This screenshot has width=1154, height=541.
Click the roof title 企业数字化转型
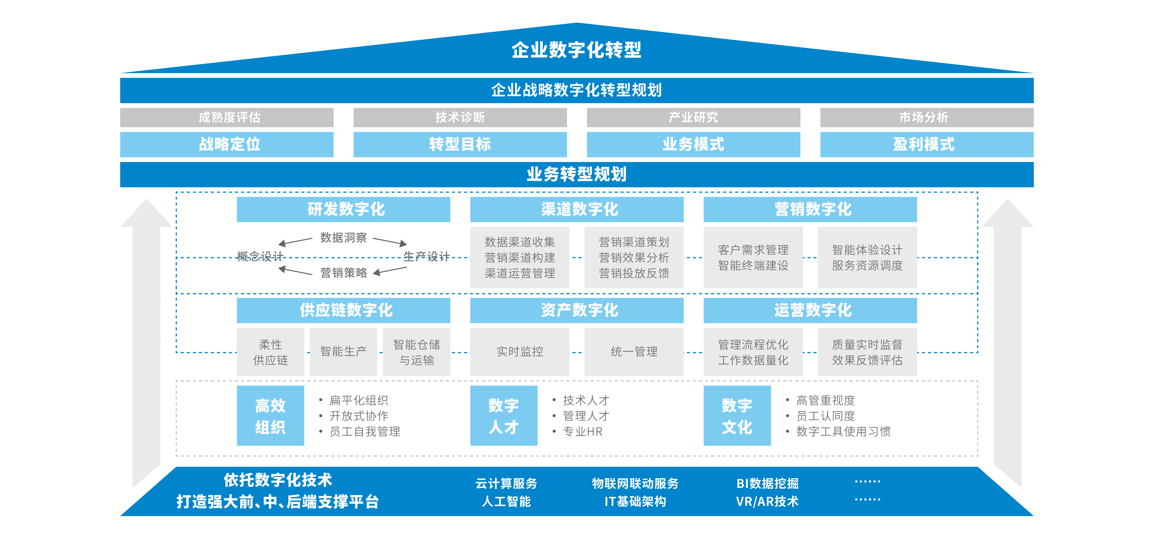(x=577, y=50)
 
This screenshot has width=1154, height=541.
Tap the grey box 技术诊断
(x=460, y=117)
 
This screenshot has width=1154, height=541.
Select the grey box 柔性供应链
(x=270, y=352)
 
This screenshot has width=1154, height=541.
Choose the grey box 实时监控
(x=520, y=352)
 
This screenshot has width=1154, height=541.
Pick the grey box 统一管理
(x=634, y=352)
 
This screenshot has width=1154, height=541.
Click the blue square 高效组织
(x=270, y=416)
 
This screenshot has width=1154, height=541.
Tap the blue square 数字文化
(x=737, y=416)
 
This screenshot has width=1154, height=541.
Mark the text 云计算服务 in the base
(x=506, y=484)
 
